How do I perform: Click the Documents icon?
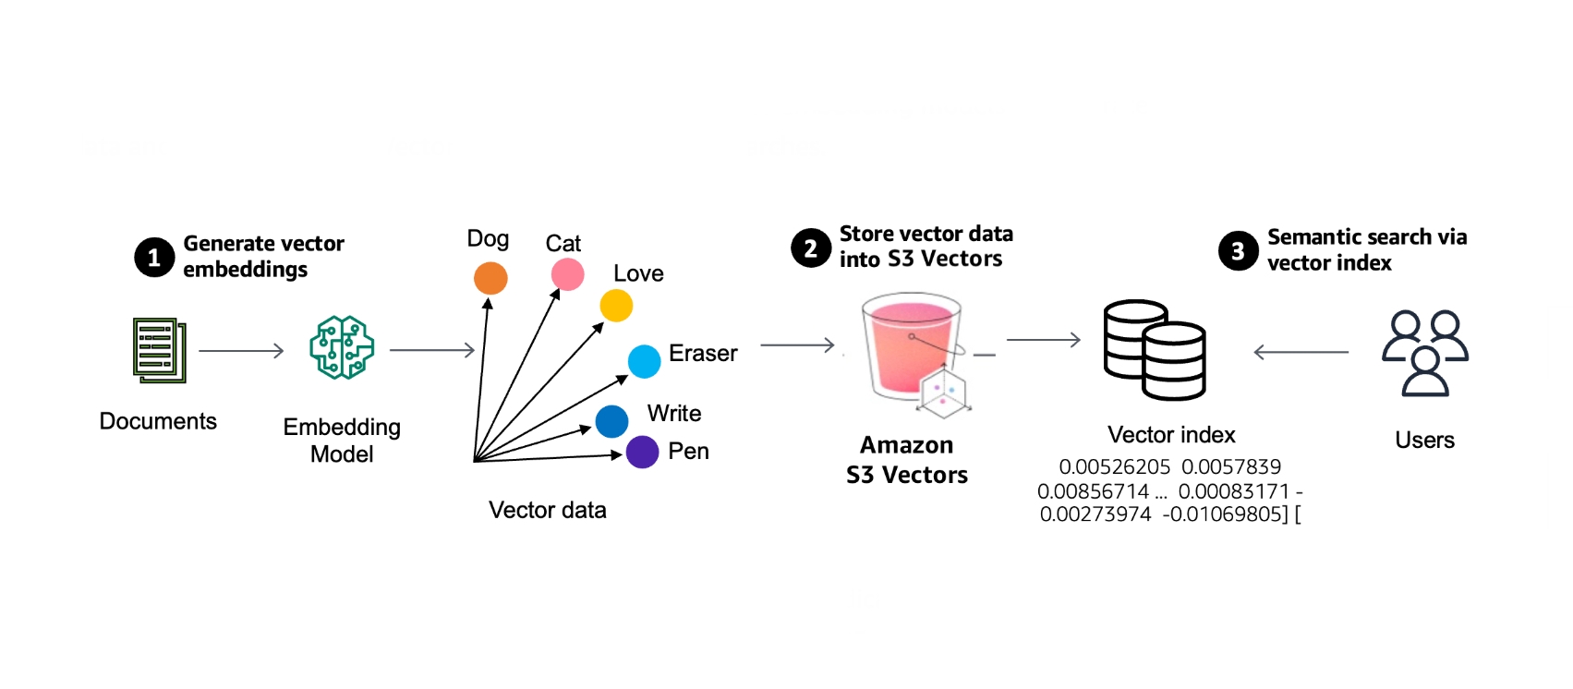point(159,350)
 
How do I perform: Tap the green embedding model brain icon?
point(342,347)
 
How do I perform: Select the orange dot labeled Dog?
point(490,278)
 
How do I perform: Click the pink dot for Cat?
point(567,274)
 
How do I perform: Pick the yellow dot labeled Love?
point(616,306)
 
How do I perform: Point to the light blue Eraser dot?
point(644,361)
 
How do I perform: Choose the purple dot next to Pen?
point(642,453)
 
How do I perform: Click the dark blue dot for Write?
point(611,421)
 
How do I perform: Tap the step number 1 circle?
point(154,258)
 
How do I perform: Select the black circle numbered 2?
point(811,248)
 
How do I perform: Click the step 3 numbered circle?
point(1238,251)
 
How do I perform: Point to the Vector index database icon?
point(1155,350)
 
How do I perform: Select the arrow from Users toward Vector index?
point(1301,352)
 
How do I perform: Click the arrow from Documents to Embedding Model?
point(241,351)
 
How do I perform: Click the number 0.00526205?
point(1114,467)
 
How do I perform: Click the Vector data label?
point(547,510)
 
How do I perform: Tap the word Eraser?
point(703,354)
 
